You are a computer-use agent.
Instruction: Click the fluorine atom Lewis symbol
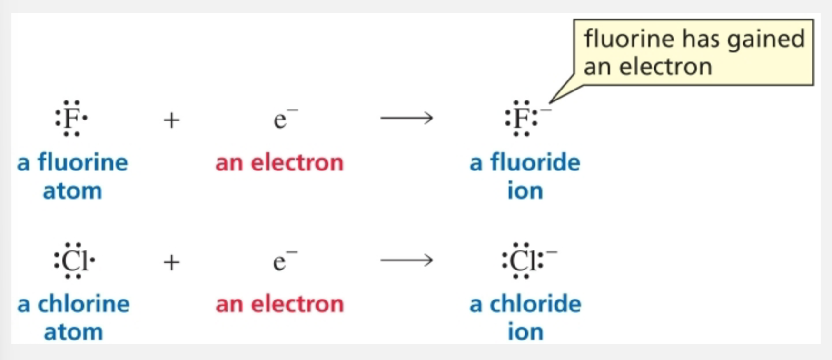[71, 118]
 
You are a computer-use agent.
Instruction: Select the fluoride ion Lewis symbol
[522, 118]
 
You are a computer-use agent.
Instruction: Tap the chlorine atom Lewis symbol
[74, 260]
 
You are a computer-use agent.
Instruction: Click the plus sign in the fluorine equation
[171, 120]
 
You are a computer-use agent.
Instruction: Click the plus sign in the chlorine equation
[171, 262]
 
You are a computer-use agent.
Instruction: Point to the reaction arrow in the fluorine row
[406, 118]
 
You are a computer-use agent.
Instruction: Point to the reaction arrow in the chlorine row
[406, 260]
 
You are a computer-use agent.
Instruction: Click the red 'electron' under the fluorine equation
[297, 163]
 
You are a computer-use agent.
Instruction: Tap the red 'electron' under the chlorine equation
[297, 304]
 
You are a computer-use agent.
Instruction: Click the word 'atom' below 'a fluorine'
[72, 191]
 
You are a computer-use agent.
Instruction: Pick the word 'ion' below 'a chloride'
[525, 332]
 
